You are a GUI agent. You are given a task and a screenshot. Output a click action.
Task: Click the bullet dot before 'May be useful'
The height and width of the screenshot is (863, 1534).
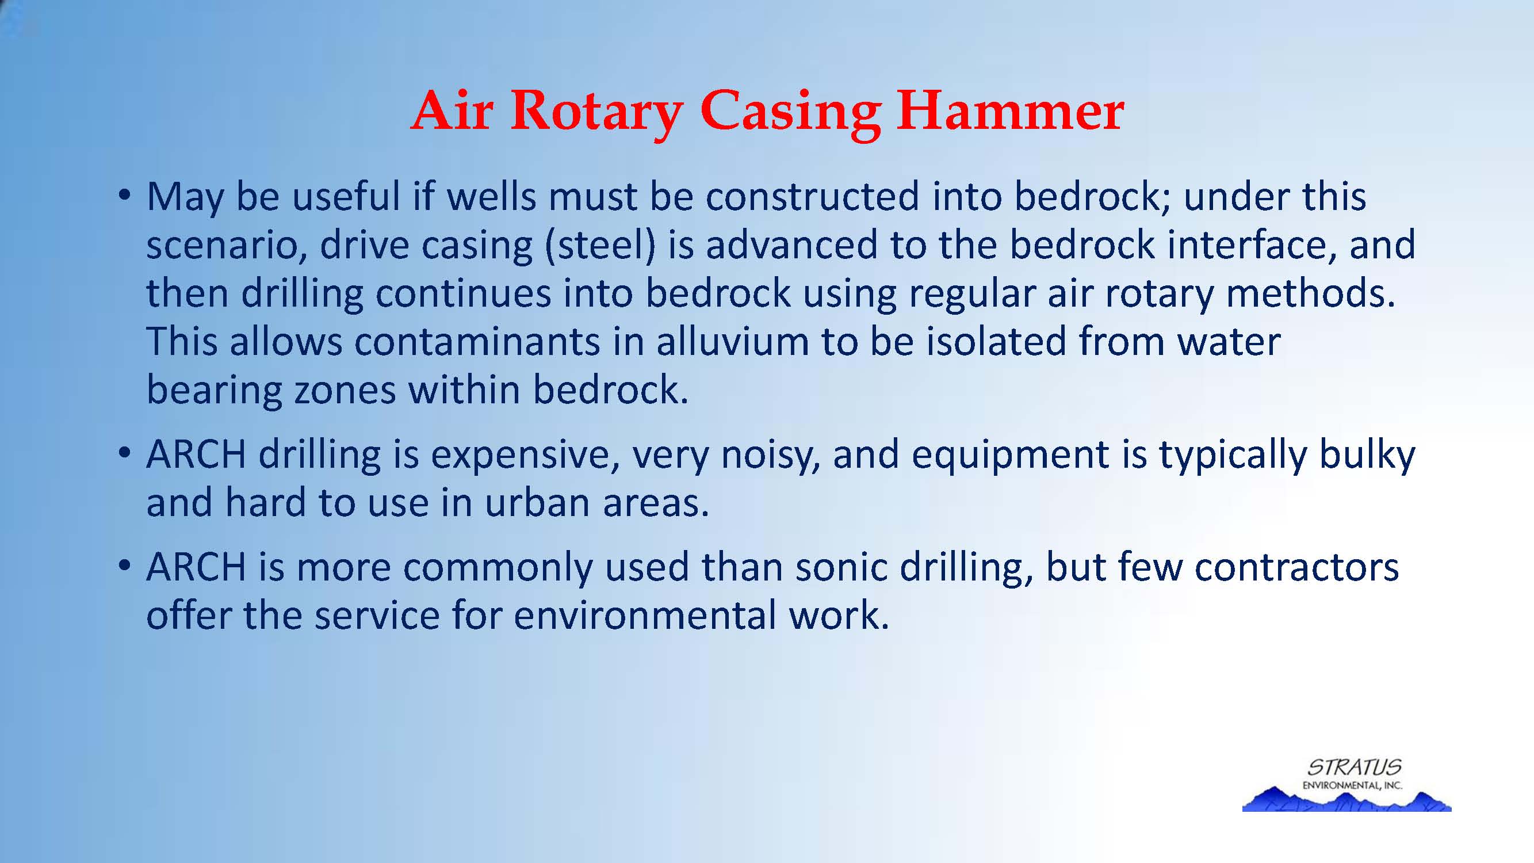coord(124,196)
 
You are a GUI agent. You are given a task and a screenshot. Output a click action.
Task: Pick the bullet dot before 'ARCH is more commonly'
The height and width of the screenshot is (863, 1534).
coord(124,566)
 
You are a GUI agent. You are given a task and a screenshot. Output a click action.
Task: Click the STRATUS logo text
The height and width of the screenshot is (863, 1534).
coord(1354,766)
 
